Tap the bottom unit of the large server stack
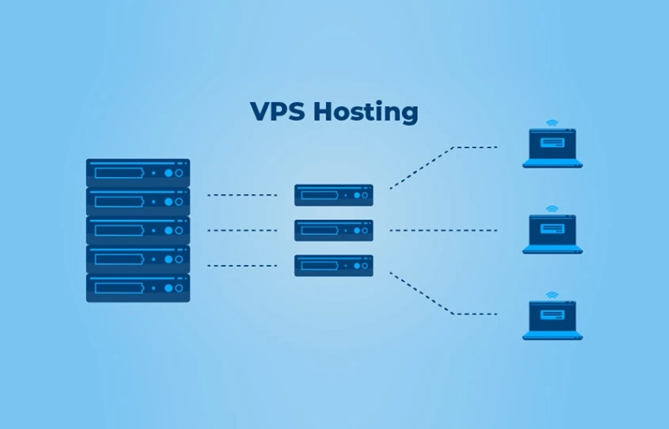(x=138, y=287)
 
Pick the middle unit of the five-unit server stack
(x=138, y=230)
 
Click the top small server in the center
(x=334, y=195)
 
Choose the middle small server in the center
(x=334, y=230)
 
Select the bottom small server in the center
(x=334, y=265)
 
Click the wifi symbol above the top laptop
(x=552, y=122)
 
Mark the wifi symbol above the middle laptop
(x=552, y=208)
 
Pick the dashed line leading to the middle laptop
(x=443, y=230)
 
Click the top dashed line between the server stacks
(x=242, y=195)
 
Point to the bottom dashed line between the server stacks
(x=242, y=265)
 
